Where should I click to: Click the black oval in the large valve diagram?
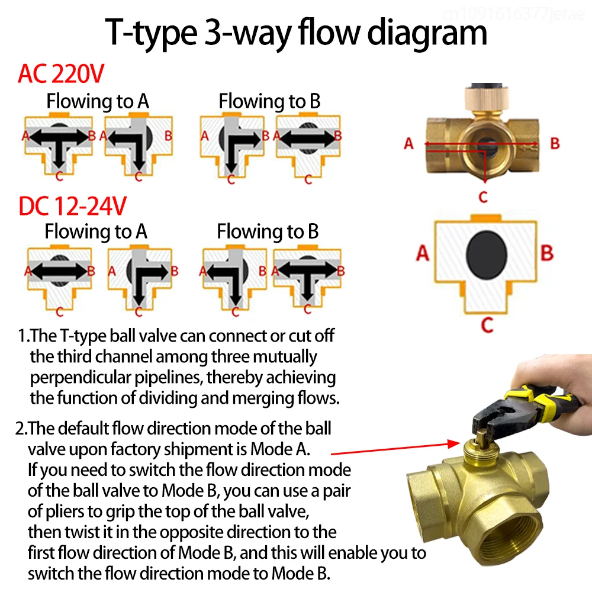click(x=487, y=253)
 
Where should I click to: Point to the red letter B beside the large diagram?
click(x=547, y=253)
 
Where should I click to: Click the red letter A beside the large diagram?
click(x=422, y=253)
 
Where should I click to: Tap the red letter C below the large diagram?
click(x=487, y=325)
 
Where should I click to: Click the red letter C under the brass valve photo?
click(x=483, y=197)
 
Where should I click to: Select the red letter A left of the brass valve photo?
click(x=408, y=143)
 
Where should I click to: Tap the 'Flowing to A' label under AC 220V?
click(x=98, y=101)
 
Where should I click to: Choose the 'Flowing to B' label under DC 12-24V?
click(x=268, y=231)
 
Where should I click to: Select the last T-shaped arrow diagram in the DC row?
click(x=307, y=279)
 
